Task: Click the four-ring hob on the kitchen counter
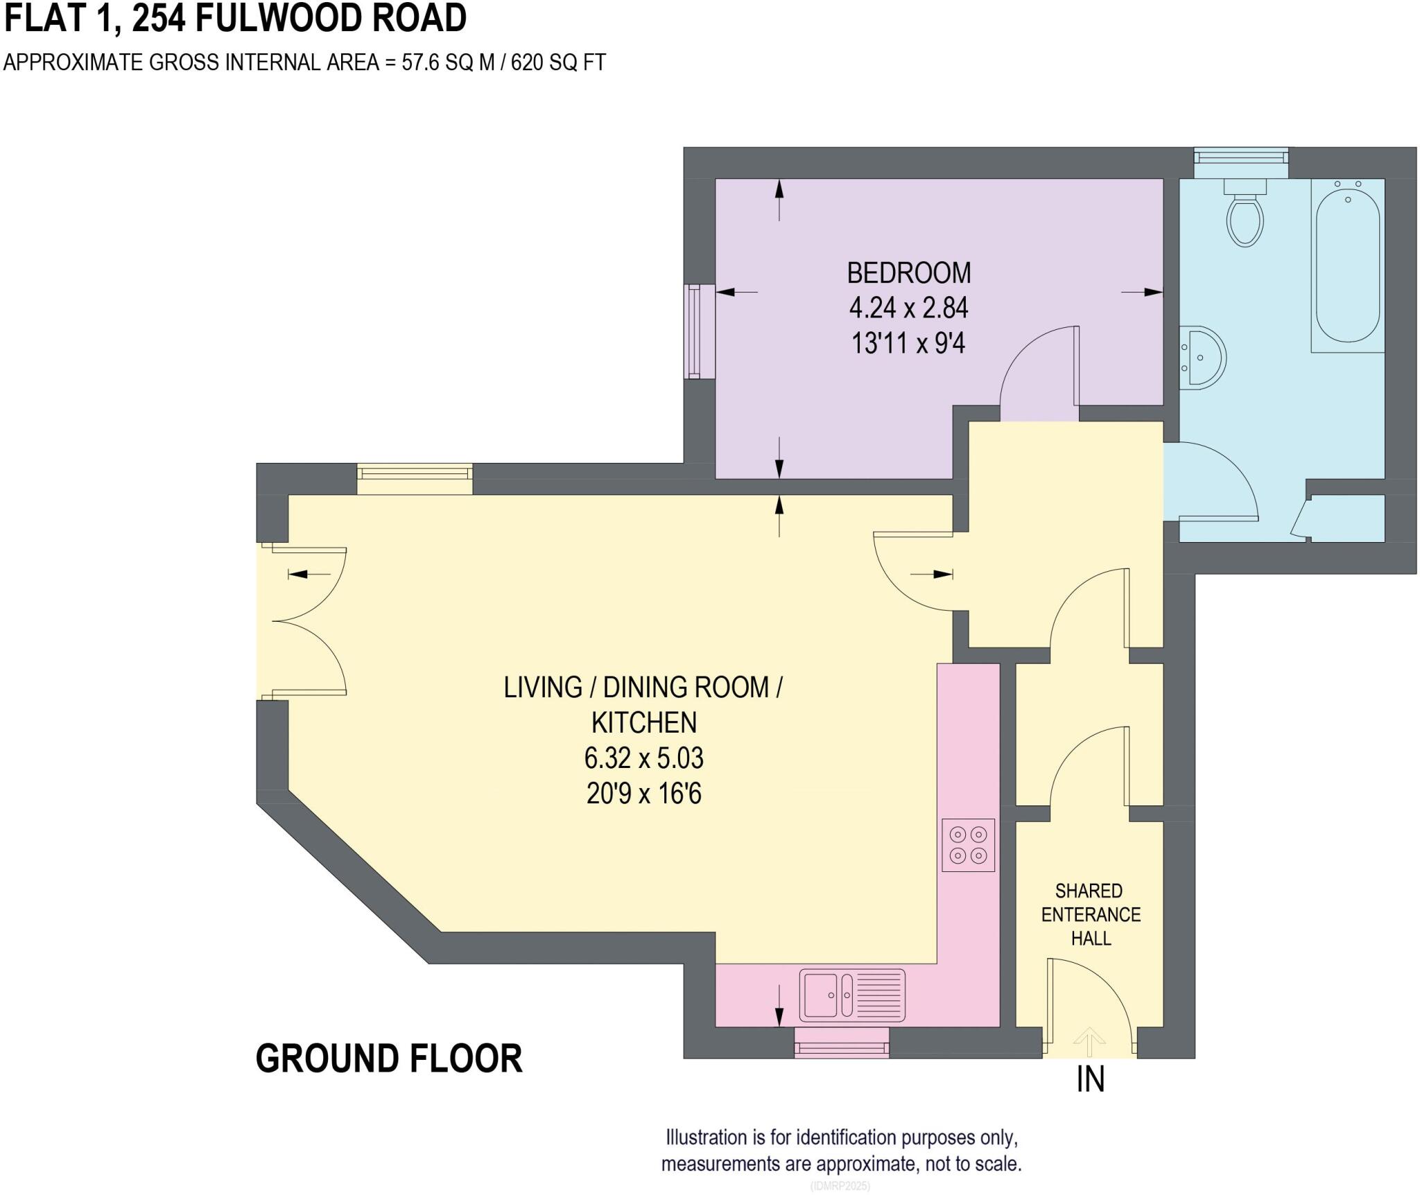click(x=968, y=845)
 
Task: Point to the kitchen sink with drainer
click(x=852, y=995)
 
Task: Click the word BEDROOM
click(x=909, y=273)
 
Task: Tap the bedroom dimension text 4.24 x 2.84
click(x=908, y=308)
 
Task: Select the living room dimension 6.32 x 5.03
click(x=643, y=758)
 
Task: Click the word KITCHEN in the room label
click(x=644, y=723)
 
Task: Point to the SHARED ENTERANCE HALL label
click(x=1091, y=914)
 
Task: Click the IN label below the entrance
click(x=1090, y=1080)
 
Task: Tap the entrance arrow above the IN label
click(x=1089, y=1042)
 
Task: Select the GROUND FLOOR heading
click(x=389, y=1059)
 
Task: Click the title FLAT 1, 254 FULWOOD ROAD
click(x=236, y=18)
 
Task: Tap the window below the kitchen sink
click(x=842, y=1043)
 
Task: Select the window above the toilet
click(x=1241, y=163)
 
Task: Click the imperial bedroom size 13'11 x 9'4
click(x=908, y=343)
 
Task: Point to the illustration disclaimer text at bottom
click(x=841, y=1151)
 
